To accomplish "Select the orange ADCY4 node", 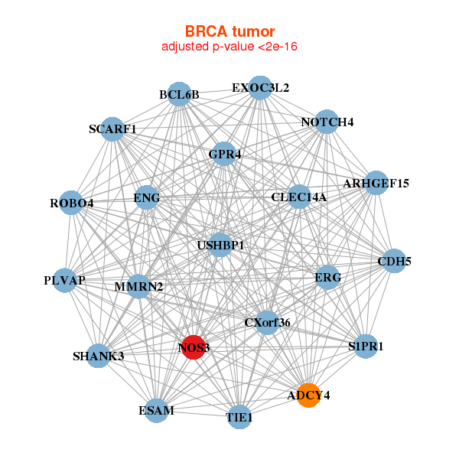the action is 308,395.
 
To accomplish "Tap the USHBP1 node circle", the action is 220,244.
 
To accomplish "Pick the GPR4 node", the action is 224,153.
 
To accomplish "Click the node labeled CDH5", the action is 394,261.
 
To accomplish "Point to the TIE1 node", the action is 239,417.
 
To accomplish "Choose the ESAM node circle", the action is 156,410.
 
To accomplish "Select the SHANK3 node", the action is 98,356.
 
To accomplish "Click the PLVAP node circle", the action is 64,280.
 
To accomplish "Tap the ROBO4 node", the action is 71,203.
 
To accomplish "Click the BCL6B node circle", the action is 179,94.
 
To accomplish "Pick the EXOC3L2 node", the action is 260,87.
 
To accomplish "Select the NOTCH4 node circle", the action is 327,122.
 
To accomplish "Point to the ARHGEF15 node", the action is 376,183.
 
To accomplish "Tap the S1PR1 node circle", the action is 365,346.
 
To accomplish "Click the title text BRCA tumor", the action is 229,31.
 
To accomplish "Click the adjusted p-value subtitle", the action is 229,47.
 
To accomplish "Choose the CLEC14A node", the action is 299,197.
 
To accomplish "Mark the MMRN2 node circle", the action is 138,286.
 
